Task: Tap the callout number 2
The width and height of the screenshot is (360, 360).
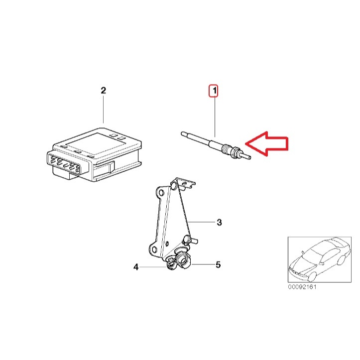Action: click(103, 90)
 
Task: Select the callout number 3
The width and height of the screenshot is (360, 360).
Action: click(219, 222)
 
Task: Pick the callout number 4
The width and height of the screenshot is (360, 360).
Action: click(136, 267)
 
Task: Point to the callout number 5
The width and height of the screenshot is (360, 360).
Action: click(218, 264)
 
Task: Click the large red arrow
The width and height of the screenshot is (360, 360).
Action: click(267, 144)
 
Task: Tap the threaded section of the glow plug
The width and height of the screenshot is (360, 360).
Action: click(227, 149)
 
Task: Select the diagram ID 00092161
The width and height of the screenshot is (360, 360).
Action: click(302, 287)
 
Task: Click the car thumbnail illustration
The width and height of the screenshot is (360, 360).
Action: click(320, 259)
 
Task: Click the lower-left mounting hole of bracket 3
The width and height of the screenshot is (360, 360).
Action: click(154, 249)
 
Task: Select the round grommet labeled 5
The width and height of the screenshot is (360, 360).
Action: click(183, 260)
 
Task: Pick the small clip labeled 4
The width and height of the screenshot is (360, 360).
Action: click(171, 263)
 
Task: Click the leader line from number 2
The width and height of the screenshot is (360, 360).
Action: click(103, 110)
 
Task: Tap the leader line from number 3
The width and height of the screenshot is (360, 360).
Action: click(201, 222)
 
